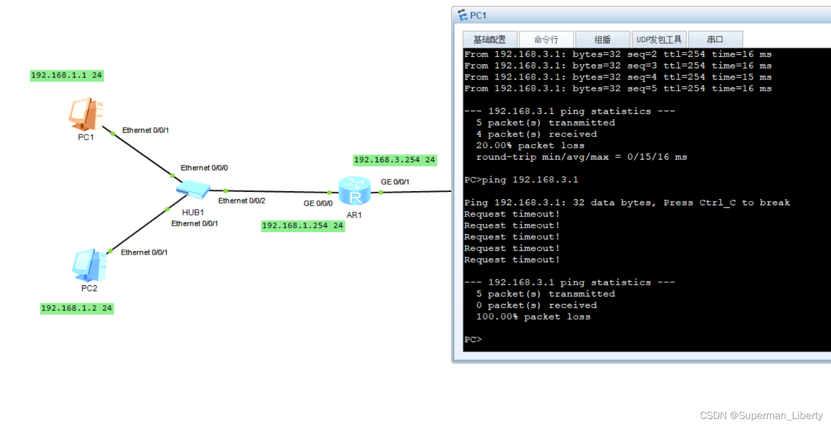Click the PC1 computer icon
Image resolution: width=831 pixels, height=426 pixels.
85,114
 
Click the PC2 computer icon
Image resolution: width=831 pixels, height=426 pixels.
89,265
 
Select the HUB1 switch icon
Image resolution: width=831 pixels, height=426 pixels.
192,190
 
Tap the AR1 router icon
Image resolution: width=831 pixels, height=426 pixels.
355,191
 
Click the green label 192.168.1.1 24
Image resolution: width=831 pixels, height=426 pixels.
67,75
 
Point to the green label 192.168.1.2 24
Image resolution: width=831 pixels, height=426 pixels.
77,308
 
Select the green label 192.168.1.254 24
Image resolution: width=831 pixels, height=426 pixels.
302,226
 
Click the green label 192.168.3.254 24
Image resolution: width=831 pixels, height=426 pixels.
394,160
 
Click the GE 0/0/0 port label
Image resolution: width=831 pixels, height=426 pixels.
318,204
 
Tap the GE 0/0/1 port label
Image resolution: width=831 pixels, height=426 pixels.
395,182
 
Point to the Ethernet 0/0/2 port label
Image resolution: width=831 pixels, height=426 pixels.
242,201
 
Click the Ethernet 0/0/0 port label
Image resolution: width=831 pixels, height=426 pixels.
204,168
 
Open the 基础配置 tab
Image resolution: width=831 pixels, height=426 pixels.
489,40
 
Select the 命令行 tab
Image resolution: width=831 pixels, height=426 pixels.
546,40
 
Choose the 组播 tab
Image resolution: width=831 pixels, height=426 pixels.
602,40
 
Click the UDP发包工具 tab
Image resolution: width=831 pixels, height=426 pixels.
659,40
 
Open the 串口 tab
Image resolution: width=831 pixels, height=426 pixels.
715,40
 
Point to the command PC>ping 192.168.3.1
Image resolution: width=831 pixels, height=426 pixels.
521,180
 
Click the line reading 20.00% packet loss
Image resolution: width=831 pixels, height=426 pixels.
530,146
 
